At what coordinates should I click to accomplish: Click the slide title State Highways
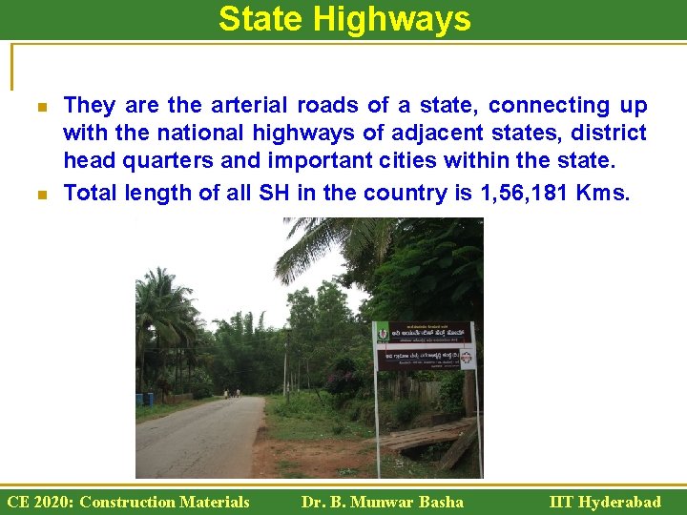344,19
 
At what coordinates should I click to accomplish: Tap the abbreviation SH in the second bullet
275,193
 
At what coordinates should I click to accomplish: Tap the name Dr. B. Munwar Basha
382,502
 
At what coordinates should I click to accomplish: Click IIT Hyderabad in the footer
605,502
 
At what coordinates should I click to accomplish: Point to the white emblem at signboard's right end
466,358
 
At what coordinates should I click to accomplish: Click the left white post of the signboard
376,410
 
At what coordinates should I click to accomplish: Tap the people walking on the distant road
232,392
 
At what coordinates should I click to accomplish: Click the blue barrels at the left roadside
143,399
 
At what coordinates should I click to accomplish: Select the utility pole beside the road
284,367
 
